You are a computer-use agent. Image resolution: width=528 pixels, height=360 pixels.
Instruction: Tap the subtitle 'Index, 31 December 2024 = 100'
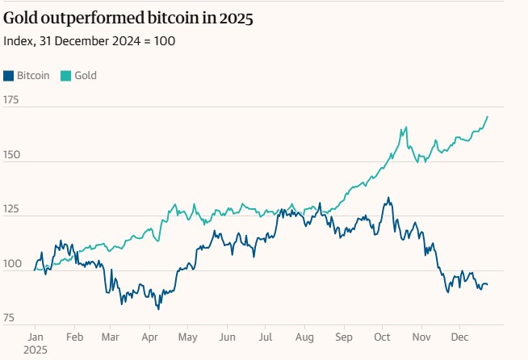pos(89,40)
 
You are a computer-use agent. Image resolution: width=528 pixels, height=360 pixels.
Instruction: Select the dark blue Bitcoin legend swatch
pos(9,76)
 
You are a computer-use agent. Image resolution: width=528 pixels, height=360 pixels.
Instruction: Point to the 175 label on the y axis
pos(11,100)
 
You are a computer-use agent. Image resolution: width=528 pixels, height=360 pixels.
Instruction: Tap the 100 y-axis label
pos(11,264)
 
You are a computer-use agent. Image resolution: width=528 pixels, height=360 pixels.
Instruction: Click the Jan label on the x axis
pos(36,336)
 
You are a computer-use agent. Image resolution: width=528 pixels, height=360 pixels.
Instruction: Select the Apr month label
pos(149,336)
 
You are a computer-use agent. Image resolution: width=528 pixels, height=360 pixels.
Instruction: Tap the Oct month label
pos(382,336)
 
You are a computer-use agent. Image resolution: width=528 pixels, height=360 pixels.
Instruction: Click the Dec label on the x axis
pos(459,336)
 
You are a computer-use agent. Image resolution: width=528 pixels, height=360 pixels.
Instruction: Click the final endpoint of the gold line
pos(488,116)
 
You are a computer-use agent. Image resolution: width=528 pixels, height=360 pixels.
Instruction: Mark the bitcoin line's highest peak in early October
pos(388,197)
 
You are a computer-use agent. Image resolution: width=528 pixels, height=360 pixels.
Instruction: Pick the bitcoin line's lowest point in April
pos(158,308)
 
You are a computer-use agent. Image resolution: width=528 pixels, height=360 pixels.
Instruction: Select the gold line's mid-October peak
pos(404,127)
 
